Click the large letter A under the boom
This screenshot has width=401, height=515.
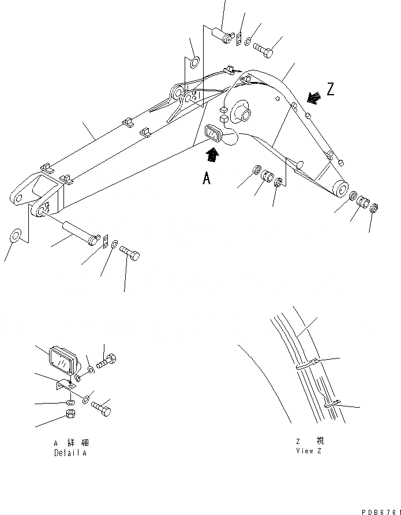pyautogui.click(x=207, y=178)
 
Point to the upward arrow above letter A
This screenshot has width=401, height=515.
pyautogui.click(x=213, y=154)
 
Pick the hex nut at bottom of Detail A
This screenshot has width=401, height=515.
pyautogui.click(x=69, y=414)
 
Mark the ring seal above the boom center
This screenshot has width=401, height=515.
pyautogui.click(x=194, y=61)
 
